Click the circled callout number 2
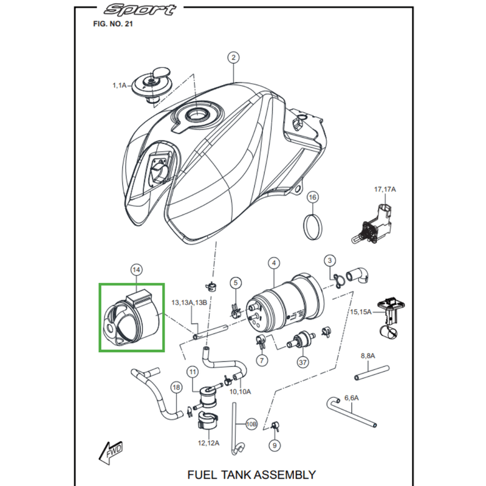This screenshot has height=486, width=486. pos(233,58)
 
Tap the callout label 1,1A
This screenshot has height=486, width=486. pos(119,86)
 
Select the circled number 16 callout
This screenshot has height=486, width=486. pos(312,197)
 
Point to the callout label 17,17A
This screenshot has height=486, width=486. pos(385,190)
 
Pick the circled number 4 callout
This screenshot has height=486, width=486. pos(275,262)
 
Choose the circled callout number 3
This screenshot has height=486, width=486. pos(329,261)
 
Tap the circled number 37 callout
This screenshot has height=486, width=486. pos(302,361)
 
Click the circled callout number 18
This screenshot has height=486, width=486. pos(176,387)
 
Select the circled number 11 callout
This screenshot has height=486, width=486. pos(193,371)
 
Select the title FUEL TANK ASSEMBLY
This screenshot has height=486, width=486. pos(251,474)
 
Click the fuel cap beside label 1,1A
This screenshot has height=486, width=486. pos(149,83)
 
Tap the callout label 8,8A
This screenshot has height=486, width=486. pos(369,355)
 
